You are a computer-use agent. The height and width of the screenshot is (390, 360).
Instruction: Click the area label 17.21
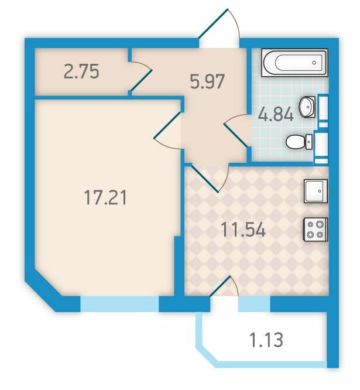tap(105, 197)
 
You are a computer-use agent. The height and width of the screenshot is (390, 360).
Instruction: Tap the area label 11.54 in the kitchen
tap(243, 230)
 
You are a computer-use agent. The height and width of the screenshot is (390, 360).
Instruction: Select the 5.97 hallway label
tap(207, 81)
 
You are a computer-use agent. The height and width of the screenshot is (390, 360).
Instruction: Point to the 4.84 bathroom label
tap(276, 115)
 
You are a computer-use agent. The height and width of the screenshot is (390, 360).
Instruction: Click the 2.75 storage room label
tap(81, 71)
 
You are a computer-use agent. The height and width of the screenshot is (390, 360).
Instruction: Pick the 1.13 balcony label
tap(266, 340)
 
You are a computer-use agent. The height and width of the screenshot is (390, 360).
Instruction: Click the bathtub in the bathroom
tap(294, 63)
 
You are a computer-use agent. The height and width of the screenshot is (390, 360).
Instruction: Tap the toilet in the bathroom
tap(299, 142)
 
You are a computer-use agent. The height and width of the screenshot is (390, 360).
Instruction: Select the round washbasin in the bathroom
tap(307, 107)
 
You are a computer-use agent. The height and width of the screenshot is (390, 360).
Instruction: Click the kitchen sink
tap(316, 191)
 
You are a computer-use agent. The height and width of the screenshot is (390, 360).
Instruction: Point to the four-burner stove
tap(315, 230)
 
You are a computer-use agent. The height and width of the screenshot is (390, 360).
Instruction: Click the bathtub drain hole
tap(314, 63)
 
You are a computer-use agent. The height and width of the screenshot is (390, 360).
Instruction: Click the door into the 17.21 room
tap(167, 131)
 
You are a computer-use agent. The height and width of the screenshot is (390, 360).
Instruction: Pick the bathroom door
tap(236, 131)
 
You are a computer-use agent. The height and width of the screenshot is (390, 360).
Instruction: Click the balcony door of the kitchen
tap(224, 286)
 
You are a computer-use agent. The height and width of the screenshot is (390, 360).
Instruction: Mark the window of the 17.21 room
tap(119, 304)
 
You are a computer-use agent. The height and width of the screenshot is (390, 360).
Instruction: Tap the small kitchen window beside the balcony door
tap(254, 304)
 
